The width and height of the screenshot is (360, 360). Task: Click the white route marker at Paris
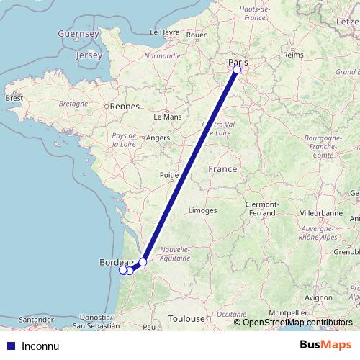pyautogui.click(x=237, y=70)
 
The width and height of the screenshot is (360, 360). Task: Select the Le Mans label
pyautogui.click(x=168, y=115)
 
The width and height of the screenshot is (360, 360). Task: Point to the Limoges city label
pyautogui.click(x=202, y=210)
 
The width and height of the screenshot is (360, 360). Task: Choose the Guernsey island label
pyautogui.click(x=78, y=33)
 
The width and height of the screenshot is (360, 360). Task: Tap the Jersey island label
pyautogui.click(x=90, y=55)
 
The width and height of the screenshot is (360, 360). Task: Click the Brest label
pyautogui.click(x=14, y=97)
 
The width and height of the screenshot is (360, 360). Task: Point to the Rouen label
pyautogui.click(x=197, y=34)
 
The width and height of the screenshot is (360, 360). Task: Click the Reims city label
pyautogui.click(x=293, y=55)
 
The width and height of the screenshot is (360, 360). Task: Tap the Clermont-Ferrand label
pyautogui.click(x=261, y=209)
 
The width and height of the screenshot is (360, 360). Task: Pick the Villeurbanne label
pyautogui.click(x=321, y=214)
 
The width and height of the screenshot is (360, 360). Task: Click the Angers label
pyautogui.click(x=158, y=137)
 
